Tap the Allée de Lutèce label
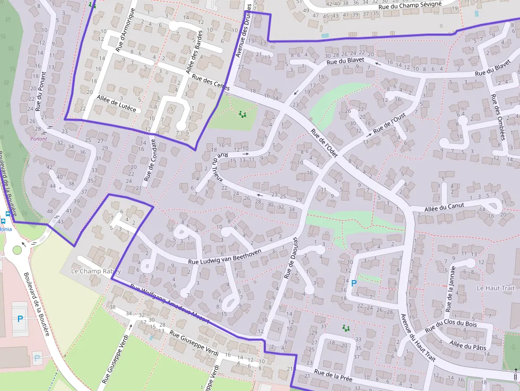point(117,103)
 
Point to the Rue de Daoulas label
point(291,257)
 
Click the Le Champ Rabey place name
point(96,271)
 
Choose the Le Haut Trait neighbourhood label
point(496,288)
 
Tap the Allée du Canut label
point(444,207)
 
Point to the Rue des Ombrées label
point(497,117)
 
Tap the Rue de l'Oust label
point(389,123)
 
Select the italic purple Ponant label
point(39,139)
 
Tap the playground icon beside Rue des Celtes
point(242,114)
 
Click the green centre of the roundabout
point(18,249)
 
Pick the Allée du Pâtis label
point(467,346)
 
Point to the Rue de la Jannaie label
point(450,291)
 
